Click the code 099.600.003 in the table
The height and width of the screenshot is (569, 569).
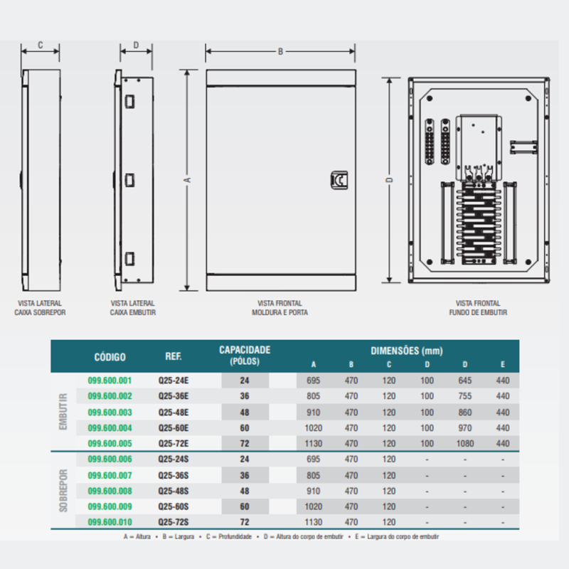pos(110,412)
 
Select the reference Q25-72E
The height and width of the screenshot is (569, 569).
pos(173,443)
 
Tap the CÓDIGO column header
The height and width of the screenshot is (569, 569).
pos(110,356)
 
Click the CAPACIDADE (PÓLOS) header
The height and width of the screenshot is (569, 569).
pos(245,355)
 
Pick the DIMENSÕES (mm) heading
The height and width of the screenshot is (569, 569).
pos(407,351)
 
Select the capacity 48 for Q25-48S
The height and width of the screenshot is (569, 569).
pos(245,491)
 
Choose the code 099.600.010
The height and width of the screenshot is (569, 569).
pos(110,522)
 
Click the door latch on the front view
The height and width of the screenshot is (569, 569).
pos(339,181)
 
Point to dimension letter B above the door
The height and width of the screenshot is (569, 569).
pos(280,51)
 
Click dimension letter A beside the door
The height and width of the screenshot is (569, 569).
pos(188,181)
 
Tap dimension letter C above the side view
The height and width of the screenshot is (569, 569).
pos(40,45)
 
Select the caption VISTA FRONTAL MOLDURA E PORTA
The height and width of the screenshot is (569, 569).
pos(280,307)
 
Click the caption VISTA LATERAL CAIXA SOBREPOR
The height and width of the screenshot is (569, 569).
pos(40,307)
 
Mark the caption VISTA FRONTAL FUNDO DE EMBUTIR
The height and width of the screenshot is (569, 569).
pos(478,307)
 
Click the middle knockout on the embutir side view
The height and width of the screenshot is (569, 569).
pos(129,180)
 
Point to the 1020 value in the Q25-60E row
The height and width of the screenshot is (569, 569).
pos(314,427)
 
